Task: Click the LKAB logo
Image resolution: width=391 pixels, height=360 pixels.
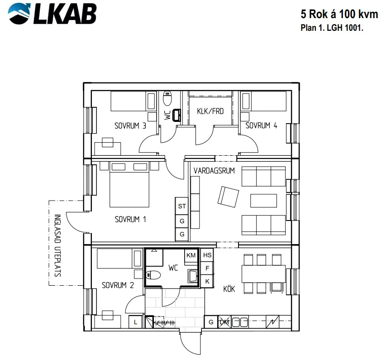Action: [52, 14]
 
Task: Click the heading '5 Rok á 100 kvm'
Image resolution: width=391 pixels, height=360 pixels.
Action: [339, 14]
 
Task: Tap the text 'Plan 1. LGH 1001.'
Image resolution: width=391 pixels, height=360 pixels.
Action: [332, 28]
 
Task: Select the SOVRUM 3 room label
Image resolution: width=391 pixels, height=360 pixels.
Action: [130, 125]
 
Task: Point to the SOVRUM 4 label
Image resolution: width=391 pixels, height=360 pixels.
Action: [261, 125]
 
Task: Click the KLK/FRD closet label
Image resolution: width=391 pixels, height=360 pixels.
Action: [210, 111]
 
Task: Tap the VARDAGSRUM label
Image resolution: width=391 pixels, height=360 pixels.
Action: [214, 171]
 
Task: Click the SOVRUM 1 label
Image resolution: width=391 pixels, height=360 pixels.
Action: [130, 219]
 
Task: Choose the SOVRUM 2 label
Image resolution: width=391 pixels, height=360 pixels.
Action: [118, 285]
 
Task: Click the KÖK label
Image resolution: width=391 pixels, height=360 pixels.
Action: [229, 288]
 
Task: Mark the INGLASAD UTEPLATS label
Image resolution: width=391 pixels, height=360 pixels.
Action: [57, 245]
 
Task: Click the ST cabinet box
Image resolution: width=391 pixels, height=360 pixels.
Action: [182, 206]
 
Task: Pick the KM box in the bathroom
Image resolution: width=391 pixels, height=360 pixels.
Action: [191, 255]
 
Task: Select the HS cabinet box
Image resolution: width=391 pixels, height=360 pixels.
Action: [207, 255]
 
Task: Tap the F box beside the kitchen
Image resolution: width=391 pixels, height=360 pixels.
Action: [207, 268]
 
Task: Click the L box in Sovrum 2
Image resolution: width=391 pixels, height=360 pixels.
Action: [135, 322]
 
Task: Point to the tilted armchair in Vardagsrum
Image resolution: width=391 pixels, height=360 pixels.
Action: [228, 197]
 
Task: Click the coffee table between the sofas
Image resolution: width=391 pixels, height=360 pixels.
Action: [263, 201]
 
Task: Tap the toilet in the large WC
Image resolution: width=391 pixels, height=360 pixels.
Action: [153, 275]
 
